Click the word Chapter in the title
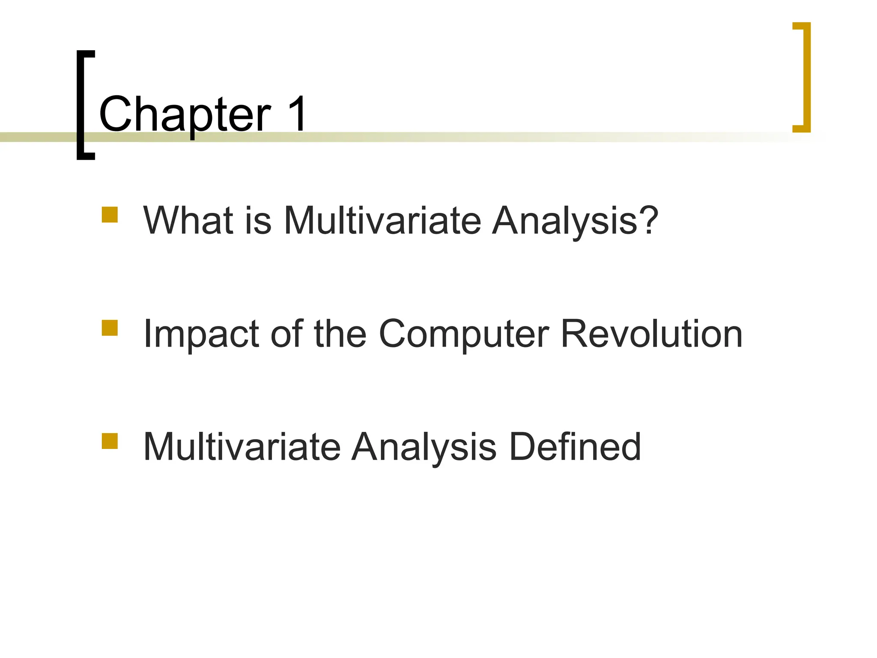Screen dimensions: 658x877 click(x=185, y=114)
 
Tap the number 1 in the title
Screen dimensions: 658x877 click(x=296, y=114)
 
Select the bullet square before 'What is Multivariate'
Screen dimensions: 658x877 click(x=110, y=215)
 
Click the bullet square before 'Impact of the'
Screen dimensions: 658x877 click(x=110, y=328)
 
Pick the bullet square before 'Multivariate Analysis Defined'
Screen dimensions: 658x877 click(x=110, y=441)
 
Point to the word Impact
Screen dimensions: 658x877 click(x=201, y=334)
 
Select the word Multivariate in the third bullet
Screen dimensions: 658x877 click(x=242, y=446)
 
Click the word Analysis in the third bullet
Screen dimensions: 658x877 click(x=424, y=447)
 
